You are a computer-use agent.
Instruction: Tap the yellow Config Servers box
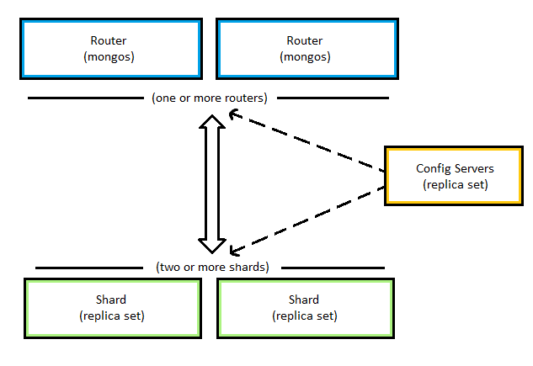click(x=455, y=176)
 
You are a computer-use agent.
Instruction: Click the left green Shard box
click(x=111, y=308)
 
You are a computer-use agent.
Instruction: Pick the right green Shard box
click(x=306, y=308)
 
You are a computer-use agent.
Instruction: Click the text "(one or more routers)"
click(x=210, y=98)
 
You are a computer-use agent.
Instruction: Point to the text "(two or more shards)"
click(x=212, y=268)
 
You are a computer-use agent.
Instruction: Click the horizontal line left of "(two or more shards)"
click(x=93, y=268)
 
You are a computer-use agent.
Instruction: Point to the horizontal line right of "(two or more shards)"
click(x=329, y=268)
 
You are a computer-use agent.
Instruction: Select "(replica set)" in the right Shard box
click(x=306, y=316)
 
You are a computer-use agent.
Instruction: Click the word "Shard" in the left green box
click(x=111, y=300)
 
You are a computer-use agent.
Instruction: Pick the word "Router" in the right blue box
click(x=306, y=40)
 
